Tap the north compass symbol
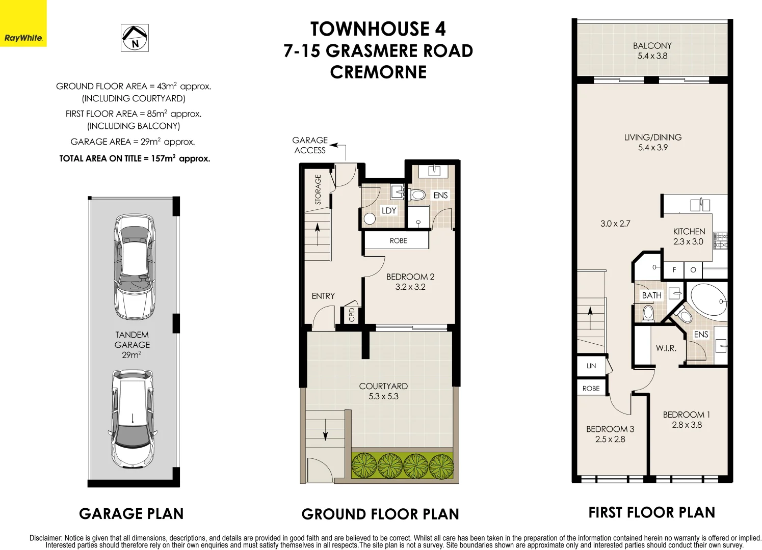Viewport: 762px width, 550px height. [x=135, y=38]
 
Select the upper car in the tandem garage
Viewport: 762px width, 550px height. [x=134, y=266]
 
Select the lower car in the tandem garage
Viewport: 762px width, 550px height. [x=133, y=418]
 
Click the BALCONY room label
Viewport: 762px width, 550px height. [x=652, y=50]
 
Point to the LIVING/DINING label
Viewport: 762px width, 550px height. [x=652, y=142]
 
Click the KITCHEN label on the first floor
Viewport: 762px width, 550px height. [x=689, y=236]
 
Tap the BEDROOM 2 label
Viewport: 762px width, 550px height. [x=410, y=282]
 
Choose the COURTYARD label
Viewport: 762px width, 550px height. [x=383, y=391]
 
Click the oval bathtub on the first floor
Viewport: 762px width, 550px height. [x=708, y=301]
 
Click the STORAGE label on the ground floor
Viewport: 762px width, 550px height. [x=318, y=189]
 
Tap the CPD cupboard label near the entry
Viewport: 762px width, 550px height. [x=352, y=315]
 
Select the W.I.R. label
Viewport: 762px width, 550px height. [x=666, y=348]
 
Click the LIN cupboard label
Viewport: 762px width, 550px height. [x=591, y=366]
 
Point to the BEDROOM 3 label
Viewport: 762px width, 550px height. [x=610, y=434]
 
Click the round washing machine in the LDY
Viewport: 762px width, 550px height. [x=370, y=219]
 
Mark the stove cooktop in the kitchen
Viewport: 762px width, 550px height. [x=720, y=240]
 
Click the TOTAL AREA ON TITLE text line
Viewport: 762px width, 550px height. [x=135, y=158]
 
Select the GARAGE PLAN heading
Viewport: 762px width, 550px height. [x=131, y=513]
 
